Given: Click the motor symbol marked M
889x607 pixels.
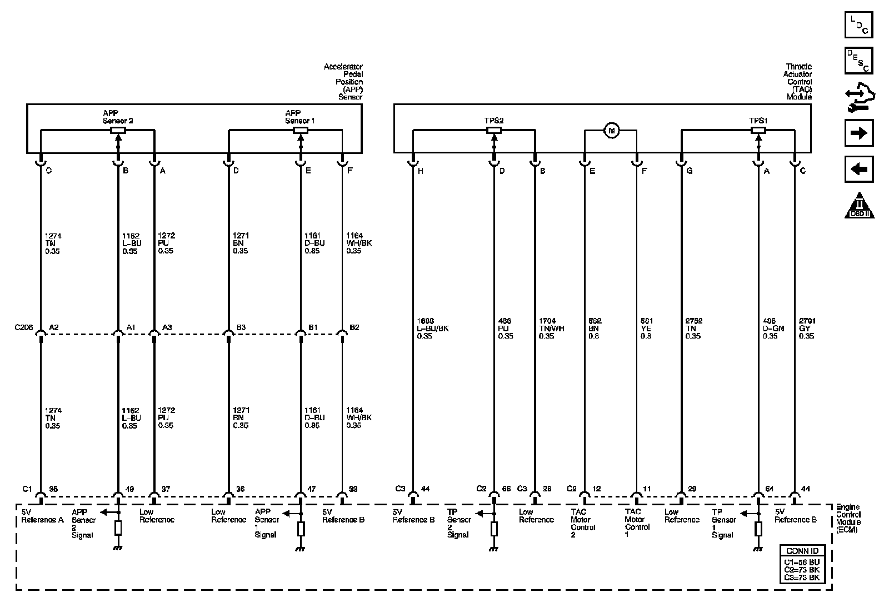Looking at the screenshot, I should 611,131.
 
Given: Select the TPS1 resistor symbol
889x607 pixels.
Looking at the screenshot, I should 758,131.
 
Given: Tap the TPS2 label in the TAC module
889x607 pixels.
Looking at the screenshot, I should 493,120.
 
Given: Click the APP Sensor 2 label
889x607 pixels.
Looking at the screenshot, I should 118,117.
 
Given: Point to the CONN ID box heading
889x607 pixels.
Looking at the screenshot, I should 802,551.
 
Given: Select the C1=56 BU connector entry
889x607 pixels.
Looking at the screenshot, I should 802,562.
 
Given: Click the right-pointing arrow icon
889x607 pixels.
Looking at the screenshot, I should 858,133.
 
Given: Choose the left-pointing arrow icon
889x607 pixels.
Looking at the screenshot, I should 858,169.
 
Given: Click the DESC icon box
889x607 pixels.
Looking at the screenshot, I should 858,61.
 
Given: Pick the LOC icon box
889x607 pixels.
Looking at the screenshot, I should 858,25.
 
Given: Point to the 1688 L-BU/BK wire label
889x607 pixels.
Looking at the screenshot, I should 432,329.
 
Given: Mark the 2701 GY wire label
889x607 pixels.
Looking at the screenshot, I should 807,329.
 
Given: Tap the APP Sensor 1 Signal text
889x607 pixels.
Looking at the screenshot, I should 266,523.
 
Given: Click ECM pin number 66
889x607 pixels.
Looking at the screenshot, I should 506,489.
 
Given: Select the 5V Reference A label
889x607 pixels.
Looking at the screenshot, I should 42,516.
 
